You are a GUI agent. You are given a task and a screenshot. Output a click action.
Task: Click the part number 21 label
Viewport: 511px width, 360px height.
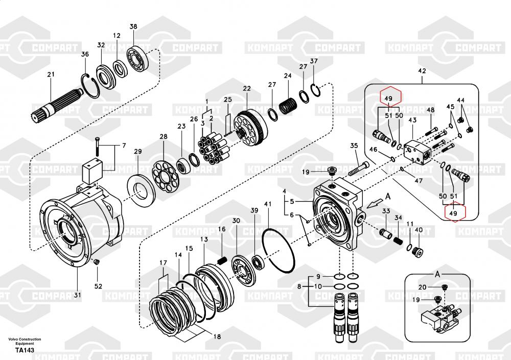(x=51, y=75)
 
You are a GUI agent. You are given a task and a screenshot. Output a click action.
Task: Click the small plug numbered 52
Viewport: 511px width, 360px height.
(x=96, y=262)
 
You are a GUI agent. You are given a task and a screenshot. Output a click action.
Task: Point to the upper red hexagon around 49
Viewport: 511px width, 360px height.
(x=388, y=98)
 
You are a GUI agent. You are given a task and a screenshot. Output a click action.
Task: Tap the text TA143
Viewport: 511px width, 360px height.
(x=25, y=350)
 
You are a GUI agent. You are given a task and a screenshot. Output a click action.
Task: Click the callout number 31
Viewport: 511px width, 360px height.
(x=77, y=295)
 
